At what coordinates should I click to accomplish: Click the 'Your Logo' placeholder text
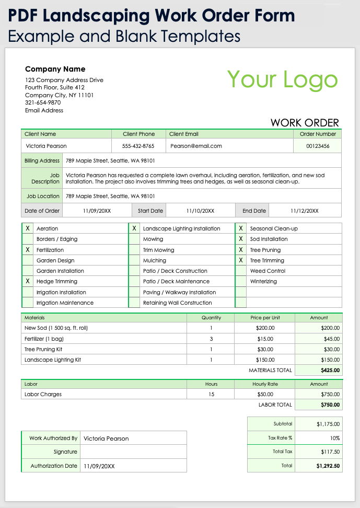[x=283, y=79]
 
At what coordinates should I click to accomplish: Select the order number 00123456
[x=318, y=146]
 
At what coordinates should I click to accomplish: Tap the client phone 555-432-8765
[x=138, y=146]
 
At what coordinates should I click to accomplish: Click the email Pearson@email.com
[x=196, y=146]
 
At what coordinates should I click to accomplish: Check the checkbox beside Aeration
[x=27, y=228]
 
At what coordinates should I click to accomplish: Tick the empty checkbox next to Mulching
[x=134, y=260]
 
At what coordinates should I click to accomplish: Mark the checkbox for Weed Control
[x=241, y=271]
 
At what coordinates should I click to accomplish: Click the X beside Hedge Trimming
[x=27, y=281]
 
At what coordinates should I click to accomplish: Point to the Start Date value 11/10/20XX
[x=200, y=211]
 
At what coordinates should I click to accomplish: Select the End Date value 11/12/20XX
[x=304, y=211]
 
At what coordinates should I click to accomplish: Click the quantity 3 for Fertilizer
[x=211, y=339]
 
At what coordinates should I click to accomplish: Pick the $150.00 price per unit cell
[x=265, y=360]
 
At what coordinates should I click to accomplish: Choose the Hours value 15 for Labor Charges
[x=211, y=394]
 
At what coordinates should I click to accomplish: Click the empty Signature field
[x=133, y=452]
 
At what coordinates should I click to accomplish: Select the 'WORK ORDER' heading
[x=305, y=123]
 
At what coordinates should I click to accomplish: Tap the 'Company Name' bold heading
[x=55, y=69]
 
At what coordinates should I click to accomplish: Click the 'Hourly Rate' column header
[x=265, y=384]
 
